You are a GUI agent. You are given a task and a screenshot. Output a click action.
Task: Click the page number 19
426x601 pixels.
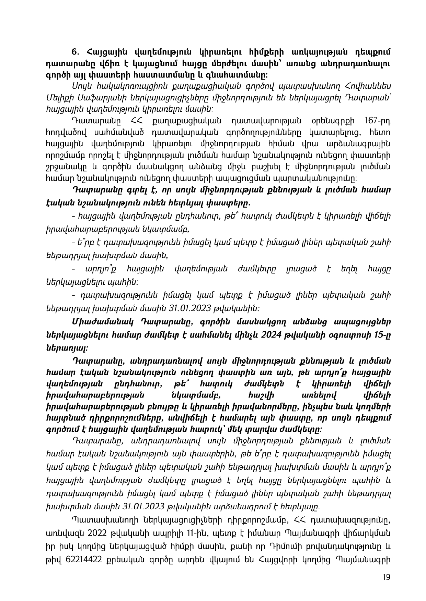click(x=386, y=577)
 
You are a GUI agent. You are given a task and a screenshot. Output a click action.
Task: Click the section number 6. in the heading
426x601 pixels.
click(x=76, y=52)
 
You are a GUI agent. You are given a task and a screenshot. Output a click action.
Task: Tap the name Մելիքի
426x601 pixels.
click(x=59, y=96)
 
